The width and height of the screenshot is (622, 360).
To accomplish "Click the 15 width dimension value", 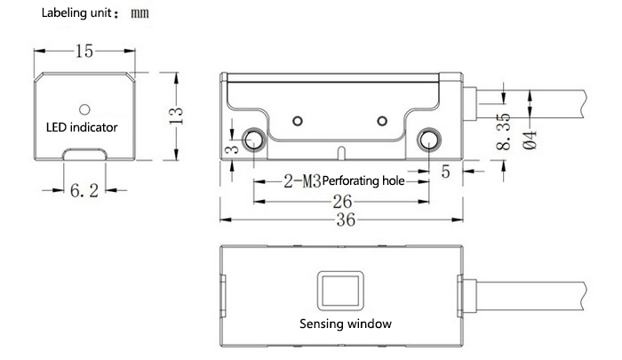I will coord(84,52).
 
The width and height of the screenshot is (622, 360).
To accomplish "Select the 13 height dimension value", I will coord(177,114).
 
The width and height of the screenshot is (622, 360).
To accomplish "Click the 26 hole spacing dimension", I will coord(343,201).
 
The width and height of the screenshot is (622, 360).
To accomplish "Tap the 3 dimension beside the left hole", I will coord(229,151).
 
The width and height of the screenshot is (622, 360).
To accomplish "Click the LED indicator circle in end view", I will coord(84,109).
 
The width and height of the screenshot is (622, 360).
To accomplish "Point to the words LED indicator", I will coord(82,127).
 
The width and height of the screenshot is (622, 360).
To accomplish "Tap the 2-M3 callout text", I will coord(301,181).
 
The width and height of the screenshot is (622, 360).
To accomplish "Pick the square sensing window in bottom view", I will coord(339,291).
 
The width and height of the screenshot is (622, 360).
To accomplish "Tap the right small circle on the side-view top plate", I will coord(382,120).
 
